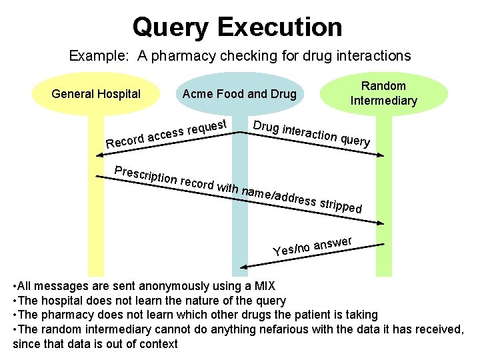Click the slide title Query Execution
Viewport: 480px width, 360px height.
pyautogui.click(x=237, y=27)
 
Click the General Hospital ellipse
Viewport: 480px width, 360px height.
pyautogui.click(x=96, y=94)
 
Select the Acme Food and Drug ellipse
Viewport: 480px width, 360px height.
pyautogui.click(x=239, y=94)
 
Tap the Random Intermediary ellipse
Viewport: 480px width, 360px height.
pyautogui.click(x=383, y=94)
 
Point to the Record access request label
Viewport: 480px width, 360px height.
pyautogui.click(x=169, y=133)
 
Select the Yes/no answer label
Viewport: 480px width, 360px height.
pyautogui.click(x=313, y=246)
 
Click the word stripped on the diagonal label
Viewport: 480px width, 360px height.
pyautogui.click(x=341, y=204)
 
